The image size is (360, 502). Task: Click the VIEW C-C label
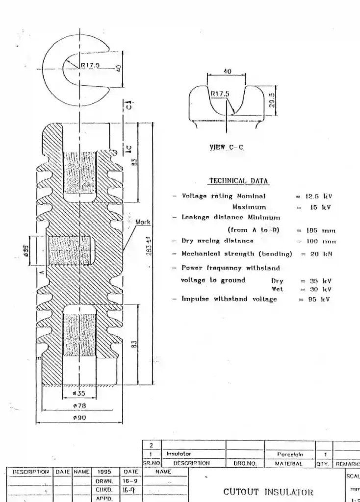coord(226,147)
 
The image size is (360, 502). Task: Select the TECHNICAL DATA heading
coord(239,180)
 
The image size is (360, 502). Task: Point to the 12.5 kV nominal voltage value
coord(317,196)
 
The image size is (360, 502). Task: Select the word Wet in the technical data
coord(277,289)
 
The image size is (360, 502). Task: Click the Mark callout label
coord(143,222)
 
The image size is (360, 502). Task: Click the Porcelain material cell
coord(289,454)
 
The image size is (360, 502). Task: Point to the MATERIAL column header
coord(289,462)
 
